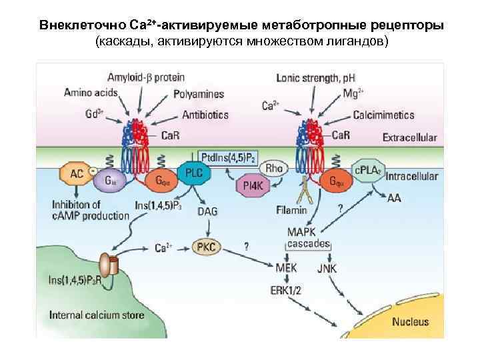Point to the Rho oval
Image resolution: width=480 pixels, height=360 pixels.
coord(273,169)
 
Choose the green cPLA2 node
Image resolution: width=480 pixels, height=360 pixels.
coord(367,170)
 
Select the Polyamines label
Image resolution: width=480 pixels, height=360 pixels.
coord(199,94)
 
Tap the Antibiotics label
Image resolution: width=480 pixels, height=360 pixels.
coord(206,115)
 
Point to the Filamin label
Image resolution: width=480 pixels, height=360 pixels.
coord(291,211)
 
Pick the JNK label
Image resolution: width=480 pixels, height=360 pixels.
coord(327,268)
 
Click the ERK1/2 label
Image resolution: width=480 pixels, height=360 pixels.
coord(287,290)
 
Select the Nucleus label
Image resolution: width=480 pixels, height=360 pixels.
coord(410,321)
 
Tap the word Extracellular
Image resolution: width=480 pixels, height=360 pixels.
coord(409,137)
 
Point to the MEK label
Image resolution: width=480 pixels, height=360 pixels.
coord(286,268)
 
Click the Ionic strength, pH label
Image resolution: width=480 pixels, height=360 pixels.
coord(316,77)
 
